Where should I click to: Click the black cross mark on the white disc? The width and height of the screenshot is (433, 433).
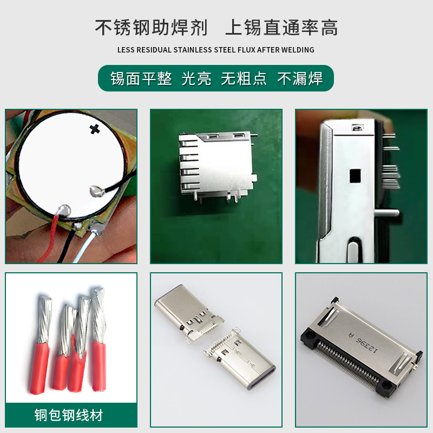tap(94, 129)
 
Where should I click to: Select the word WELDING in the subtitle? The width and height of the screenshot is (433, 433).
tap(297, 50)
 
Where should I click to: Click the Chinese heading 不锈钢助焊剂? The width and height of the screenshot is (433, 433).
tap(151, 28)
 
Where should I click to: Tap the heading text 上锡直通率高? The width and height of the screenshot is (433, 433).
tap(281, 28)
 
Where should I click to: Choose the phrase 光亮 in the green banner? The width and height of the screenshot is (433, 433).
tap(196, 78)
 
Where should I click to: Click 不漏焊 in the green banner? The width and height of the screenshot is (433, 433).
tap(300, 78)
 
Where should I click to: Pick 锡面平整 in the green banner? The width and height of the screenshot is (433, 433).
tap(141, 78)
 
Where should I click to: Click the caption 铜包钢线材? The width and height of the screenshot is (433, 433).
tap(69, 415)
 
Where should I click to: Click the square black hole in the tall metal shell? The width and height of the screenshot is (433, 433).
tap(355, 176)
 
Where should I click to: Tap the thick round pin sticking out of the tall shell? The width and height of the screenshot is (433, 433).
tap(386, 213)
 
